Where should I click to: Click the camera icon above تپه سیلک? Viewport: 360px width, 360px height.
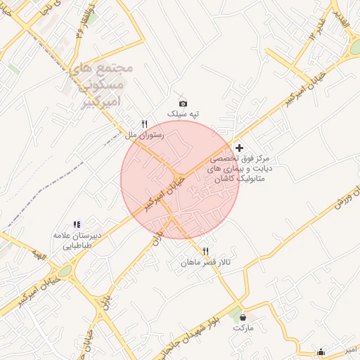tap(184, 103)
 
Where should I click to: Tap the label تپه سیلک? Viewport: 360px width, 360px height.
tap(184, 114)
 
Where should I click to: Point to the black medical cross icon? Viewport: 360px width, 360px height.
tap(240, 148)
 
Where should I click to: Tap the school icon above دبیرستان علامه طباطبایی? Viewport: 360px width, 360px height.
tap(76, 224)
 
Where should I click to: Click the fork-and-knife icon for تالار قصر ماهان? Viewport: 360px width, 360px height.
tap(206, 251)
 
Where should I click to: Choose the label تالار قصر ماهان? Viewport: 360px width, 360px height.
tap(206, 263)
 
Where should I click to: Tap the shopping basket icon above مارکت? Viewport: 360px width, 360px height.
tap(243, 317)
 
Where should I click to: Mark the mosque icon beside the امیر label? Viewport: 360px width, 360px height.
tap(321, 352)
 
